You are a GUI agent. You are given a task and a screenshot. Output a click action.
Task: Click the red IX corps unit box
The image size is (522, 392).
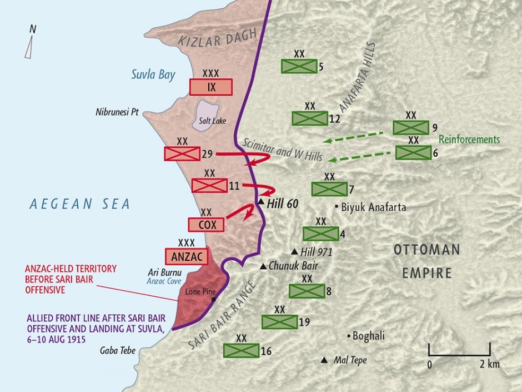coord(210,87)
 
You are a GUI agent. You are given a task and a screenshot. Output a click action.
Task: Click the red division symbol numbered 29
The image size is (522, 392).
coord(182,153)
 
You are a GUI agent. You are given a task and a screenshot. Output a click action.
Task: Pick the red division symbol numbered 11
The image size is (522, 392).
coord(209,185)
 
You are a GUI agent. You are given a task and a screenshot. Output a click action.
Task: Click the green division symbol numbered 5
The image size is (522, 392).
coord(299,67)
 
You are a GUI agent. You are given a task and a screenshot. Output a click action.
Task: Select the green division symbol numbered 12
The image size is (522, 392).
coord(310,118)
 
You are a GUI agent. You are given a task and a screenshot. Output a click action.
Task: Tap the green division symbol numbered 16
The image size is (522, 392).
coord(241,350)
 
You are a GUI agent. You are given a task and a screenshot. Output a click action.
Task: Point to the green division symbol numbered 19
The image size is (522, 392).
coord(279,321)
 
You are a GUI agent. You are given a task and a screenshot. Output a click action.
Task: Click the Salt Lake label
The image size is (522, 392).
coord(206,120)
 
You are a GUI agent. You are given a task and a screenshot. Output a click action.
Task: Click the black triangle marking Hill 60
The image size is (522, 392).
coord(261,201)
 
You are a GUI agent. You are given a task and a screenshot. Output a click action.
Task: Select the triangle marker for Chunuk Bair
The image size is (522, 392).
coord(263,266)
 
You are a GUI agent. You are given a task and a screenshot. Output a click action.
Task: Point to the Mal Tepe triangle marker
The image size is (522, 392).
coord(324,360)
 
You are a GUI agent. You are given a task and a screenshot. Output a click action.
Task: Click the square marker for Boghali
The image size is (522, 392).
coord(349,336)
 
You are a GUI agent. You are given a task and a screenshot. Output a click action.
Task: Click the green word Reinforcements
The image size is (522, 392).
coord(469,140)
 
